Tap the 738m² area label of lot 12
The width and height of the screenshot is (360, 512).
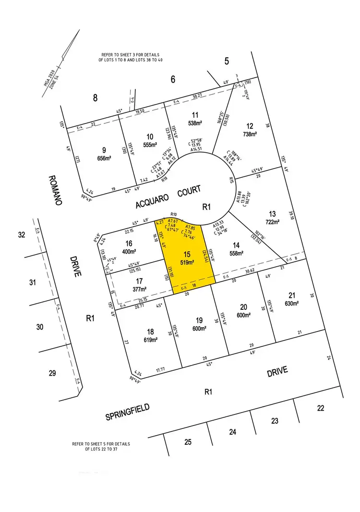[250, 134]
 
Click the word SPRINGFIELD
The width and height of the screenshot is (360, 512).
[127, 412]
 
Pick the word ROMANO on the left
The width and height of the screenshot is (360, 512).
[56, 190]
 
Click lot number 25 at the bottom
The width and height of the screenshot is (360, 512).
[188, 442]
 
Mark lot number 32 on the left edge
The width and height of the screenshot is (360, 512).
[21, 235]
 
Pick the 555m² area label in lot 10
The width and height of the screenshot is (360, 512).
[151, 144]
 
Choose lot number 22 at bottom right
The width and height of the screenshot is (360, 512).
[321, 408]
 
